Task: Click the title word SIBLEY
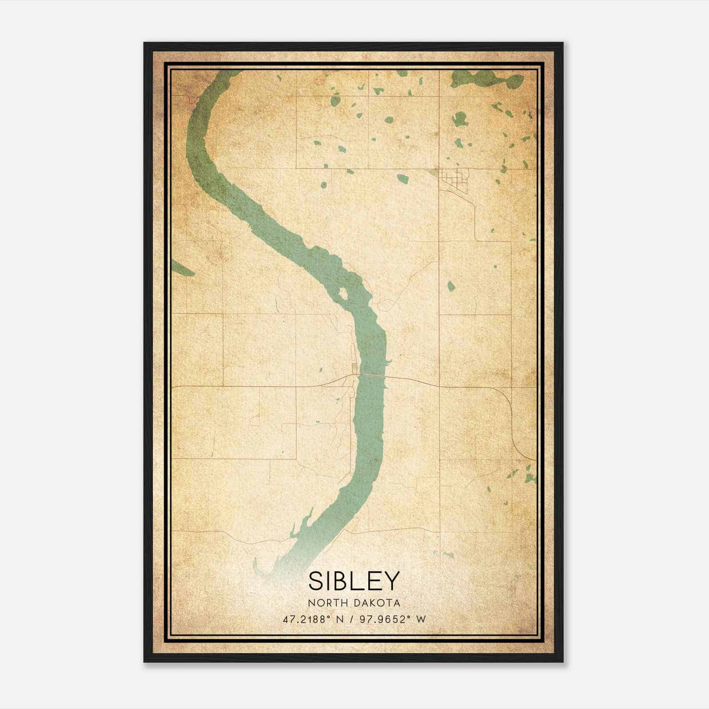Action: coord(354,581)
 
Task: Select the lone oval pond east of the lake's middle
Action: coord(451,286)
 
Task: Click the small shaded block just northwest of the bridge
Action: coord(354,367)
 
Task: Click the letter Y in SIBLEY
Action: coord(392,581)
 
